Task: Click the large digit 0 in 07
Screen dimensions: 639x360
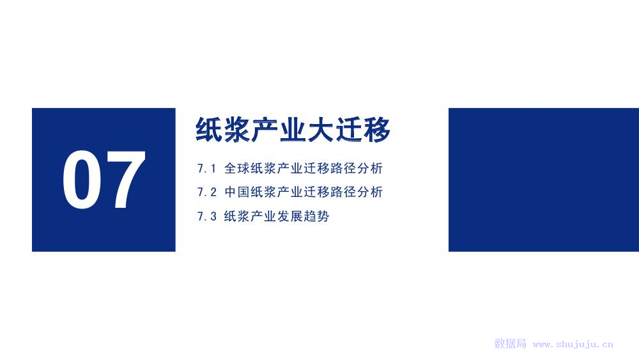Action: pyautogui.click(x=82, y=180)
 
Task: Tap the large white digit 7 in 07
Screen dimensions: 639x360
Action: pyautogui.click(x=125, y=180)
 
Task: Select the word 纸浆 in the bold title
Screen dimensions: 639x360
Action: pyautogui.click(x=222, y=130)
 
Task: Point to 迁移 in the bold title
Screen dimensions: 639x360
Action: pyautogui.click(x=363, y=130)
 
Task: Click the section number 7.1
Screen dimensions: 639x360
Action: pyautogui.click(x=206, y=168)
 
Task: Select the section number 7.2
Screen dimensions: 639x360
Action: pyautogui.click(x=206, y=192)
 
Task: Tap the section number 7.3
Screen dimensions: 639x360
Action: pyautogui.click(x=206, y=216)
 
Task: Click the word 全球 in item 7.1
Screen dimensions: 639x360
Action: pyautogui.click(x=237, y=168)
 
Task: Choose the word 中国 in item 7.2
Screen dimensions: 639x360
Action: pyautogui.click(x=237, y=192)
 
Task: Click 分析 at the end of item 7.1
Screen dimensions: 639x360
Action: pyautogui.click(x=370, y=168)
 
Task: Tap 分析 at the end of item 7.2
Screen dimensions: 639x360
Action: pyautogui.click(x=370, y=192)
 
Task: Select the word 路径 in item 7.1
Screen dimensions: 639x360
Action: pyautogui.click(x=343, y=168)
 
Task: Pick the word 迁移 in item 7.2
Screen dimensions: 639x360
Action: pyautogui.click(x=316, y=192)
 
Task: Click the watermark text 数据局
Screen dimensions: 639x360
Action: pyautogui.click(x=510, y=343)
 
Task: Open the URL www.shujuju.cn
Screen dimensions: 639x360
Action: pyautogui.click(x=573, y=344)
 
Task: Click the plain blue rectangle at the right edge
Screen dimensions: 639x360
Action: pyautogui.click(x=544, y=180)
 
